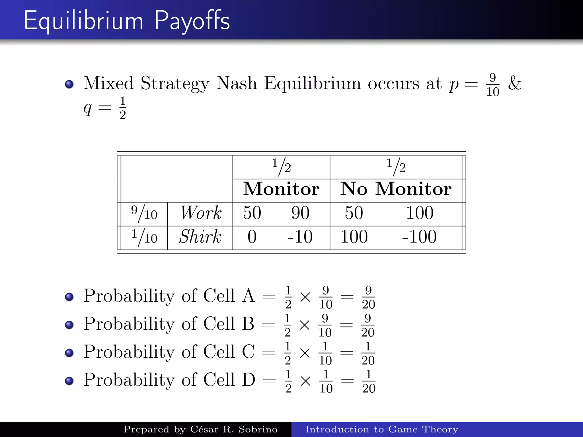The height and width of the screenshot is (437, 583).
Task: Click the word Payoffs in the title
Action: (x=192, y=20)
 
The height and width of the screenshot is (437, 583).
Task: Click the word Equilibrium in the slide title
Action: (x=83, y=20)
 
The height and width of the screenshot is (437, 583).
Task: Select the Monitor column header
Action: (x=281, y=189)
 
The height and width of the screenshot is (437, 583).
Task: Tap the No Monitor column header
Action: (x=396, y=189)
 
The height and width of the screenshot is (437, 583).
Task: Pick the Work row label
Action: (x=201, y=213)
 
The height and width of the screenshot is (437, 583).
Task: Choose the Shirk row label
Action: (x=200, y=237)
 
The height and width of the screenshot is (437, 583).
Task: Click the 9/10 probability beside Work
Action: (x=144, y=213)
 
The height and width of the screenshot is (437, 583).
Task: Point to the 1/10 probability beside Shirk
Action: (x=144, y=237)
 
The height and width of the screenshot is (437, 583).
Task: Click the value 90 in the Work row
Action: (x=300, y=213)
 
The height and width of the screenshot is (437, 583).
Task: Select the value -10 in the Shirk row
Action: (x=300, y=237)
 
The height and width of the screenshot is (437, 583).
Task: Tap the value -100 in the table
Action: (x=419, y=237)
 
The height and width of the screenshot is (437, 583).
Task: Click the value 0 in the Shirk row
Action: (x=252, y=237)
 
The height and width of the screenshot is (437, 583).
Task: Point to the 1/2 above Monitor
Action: (x=281, y=167)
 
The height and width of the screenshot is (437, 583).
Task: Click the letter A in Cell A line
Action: (x=249, y=296)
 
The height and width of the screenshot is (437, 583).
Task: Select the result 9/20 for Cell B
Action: (x=368, y=325)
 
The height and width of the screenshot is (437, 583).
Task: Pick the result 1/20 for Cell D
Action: (x=369, y=381)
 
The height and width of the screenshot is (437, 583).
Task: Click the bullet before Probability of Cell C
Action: (x=69, y=353)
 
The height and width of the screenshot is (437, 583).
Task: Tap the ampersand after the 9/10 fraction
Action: (x=515, y=83)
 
